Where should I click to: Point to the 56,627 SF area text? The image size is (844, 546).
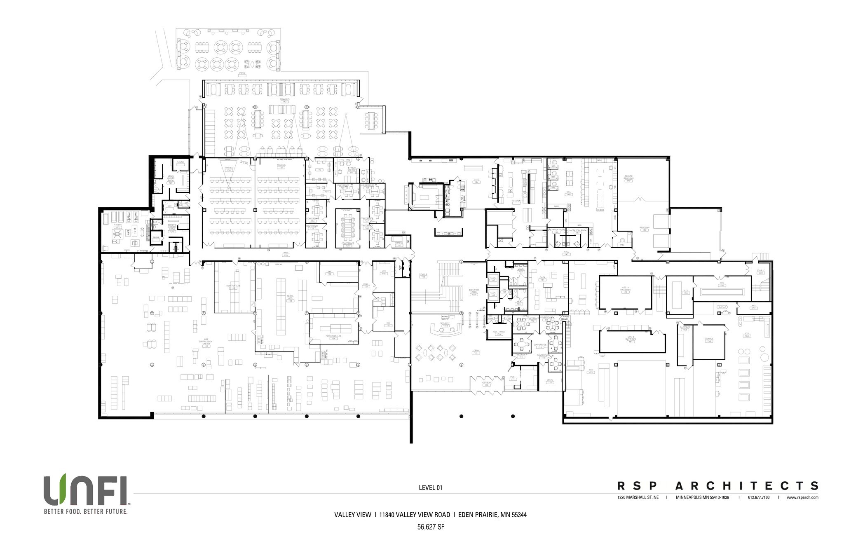click(x=430, y=527)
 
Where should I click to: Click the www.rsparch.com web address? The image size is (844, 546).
click(x=802, y=497)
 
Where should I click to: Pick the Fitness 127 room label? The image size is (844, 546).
click(x=118, y=226)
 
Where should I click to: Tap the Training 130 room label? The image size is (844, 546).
click(x=228, y=169)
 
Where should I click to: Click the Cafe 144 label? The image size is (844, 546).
click(x=477, y=181)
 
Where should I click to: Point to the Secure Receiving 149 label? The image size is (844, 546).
click(x=628, y=178)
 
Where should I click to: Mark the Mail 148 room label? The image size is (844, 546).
click(x=569, y=194)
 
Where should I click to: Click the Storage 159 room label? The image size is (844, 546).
click(x=708, y=340)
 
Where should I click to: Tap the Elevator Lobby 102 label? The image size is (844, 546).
click(x=474, y=292)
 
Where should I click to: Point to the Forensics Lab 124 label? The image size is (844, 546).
click(x=334, y=337)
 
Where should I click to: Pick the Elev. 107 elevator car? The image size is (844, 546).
click(x=492, y=279)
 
